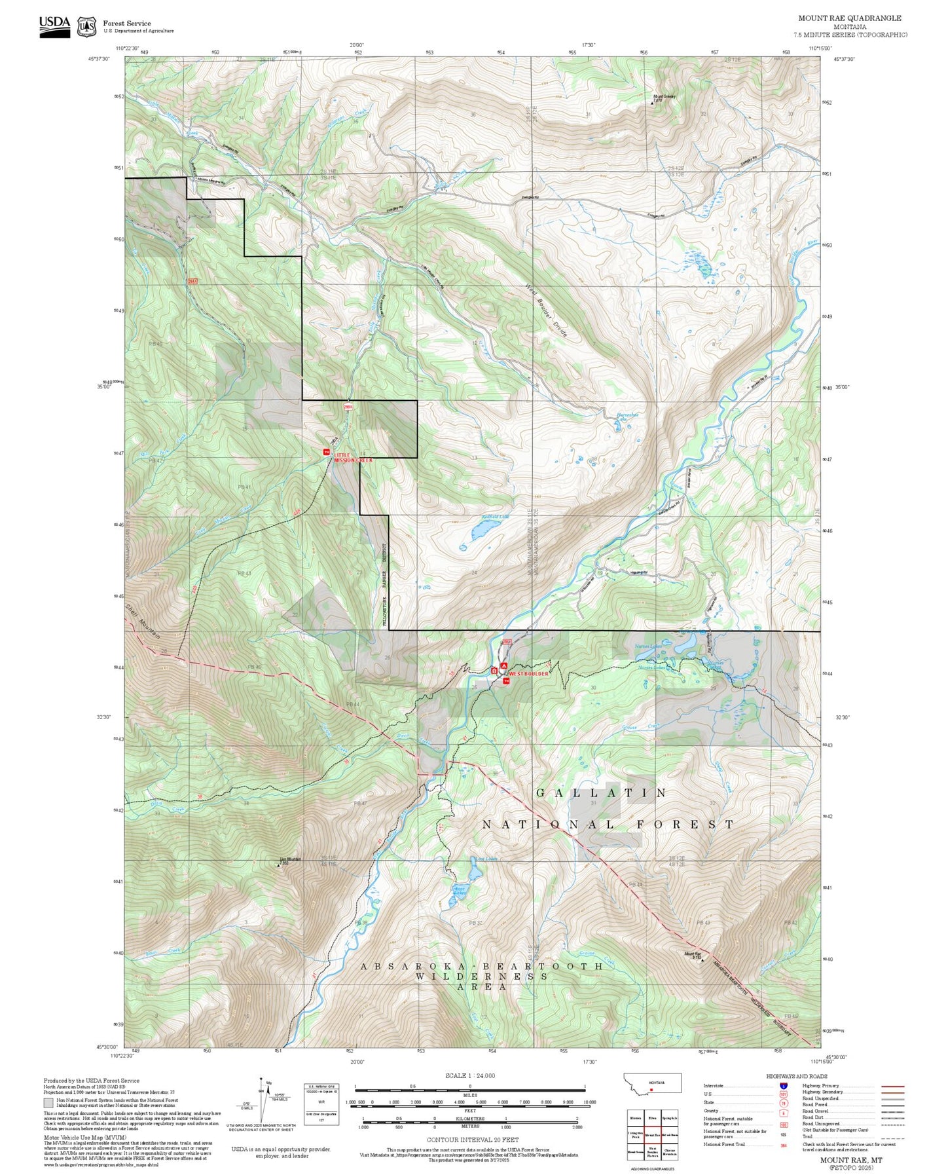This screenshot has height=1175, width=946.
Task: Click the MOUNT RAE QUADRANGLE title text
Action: [849, 18]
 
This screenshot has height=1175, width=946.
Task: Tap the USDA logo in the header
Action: [54, 26]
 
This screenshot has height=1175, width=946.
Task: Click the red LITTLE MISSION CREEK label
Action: [353, 457]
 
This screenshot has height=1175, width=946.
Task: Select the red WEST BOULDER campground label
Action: [528, 673]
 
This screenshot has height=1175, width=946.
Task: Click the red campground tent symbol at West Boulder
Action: [503, 666]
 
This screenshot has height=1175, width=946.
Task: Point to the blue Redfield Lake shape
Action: [479, 531]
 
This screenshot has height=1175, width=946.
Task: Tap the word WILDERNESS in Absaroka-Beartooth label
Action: [481, 977]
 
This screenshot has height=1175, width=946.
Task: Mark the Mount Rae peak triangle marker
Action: [702, 961]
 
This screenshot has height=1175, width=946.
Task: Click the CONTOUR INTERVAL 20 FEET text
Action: [469, 1140]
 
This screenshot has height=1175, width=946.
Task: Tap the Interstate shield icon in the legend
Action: [783, 1086]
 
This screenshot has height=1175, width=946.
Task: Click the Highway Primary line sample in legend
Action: [892, 1086]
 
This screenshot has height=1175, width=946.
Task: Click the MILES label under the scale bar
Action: [469, 1094]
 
